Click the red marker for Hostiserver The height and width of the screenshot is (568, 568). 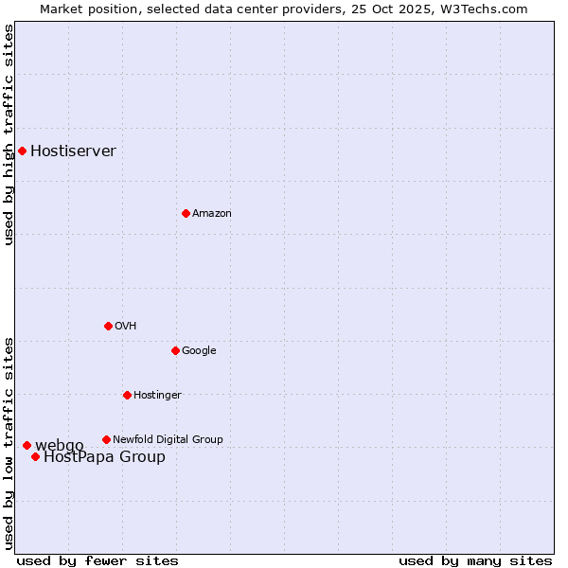22,151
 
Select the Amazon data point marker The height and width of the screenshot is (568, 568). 186,213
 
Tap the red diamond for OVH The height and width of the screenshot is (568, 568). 108,326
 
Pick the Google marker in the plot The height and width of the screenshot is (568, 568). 175,350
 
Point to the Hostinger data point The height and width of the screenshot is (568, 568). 127,395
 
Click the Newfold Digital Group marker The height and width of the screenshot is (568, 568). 106,439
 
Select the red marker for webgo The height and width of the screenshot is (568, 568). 27,445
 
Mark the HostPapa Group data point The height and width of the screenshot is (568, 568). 35,456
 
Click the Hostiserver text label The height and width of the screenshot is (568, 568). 73,151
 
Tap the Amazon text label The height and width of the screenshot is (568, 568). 212,213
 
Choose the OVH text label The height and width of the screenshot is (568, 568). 126,326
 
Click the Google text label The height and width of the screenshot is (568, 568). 199,350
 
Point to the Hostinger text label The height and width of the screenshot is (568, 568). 157,395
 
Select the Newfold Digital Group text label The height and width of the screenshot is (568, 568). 168,439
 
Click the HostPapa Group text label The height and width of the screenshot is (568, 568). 104,457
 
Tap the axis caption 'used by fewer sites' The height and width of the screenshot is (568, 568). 98,560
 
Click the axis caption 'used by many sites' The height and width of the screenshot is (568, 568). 475,560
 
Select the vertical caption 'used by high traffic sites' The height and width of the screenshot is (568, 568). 9,135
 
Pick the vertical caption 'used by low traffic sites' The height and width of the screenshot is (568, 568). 9,442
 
